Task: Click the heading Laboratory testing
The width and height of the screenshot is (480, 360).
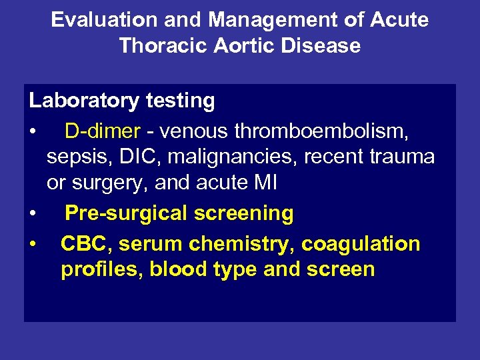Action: pyautogui.click(x=121, y=101)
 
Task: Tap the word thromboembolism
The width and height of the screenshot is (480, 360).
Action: pyautogui.click(x=322, y=131)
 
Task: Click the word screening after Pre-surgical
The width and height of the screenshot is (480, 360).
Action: pyautogui.click(x=244, y=213)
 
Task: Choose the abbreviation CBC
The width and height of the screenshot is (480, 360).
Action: pyautogui.click(x=86, y=244)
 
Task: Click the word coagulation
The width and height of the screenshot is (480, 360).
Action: pyautogui.click(x=361, y=244)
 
